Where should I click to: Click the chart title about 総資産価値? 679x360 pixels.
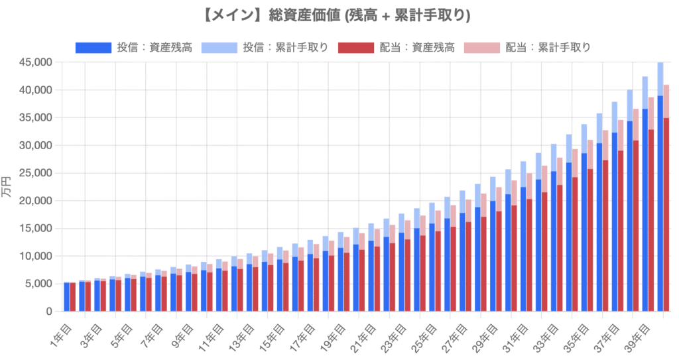click(x=339, y=15)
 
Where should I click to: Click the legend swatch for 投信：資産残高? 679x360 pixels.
click(x=93, y=47)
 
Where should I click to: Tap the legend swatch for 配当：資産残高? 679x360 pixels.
click(x=355, y=47)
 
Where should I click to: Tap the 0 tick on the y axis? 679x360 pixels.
click(x=49, y=312)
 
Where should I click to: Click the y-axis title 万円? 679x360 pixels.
click(x=8, y=187)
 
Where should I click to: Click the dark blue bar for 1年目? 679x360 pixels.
click(x=67, y=297)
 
